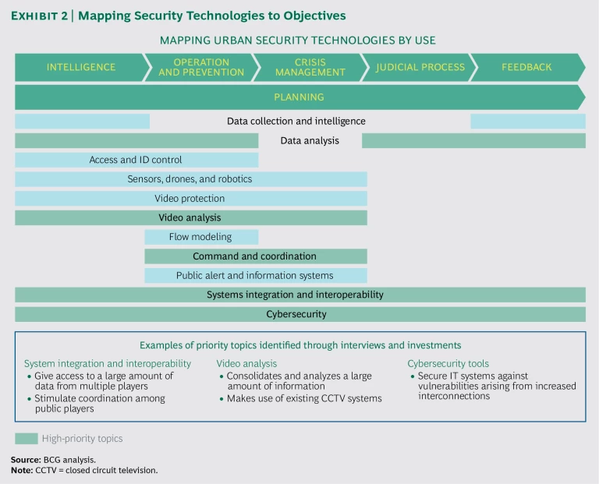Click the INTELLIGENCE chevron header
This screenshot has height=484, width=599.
coord(80,67)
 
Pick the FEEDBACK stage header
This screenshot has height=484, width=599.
coord(527,67)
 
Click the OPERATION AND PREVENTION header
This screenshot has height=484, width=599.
coord(201,67)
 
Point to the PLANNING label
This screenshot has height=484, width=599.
coord(299,97)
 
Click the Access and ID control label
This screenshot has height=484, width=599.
coord(136,160)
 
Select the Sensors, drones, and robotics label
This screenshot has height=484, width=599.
coord(190,179)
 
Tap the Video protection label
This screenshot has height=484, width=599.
coord(190,199)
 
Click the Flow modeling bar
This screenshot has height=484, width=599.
coord(200,237)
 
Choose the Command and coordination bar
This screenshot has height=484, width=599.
coord(255,256)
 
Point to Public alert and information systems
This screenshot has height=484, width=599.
coord(255,275)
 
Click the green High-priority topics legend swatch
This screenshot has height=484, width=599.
coord(26,439)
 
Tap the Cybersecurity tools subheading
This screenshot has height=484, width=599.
coord(447,363)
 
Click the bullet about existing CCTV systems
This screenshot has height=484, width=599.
coord(304,398)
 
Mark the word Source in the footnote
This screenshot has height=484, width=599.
coord(25,460)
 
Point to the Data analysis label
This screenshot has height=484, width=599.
coord(310,141)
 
